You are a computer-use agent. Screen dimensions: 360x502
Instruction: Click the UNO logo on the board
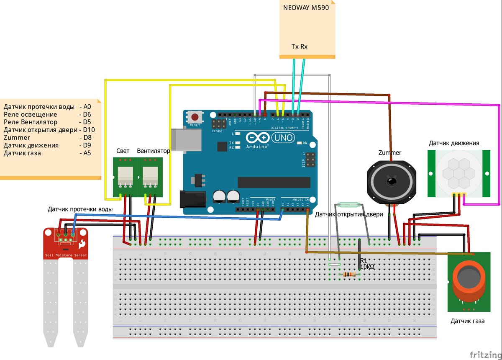tap(283, 137)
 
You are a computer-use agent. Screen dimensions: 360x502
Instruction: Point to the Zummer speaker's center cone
tap(392, 181)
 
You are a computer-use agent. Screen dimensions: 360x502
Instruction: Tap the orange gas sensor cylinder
tap(469, 283)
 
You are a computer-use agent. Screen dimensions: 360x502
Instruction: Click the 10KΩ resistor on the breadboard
tap(349, 275)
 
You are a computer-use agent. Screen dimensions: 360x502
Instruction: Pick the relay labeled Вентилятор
tap(150, 177)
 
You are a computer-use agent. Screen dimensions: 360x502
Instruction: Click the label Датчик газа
tap(468, 321)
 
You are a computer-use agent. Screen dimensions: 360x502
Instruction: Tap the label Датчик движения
tap(454, 143)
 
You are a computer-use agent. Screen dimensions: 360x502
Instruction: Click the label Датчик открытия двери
tap(348, 214)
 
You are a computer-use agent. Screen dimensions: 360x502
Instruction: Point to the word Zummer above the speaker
tap(390, 153)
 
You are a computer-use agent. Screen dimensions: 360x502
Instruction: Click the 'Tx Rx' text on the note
tap(299, 46)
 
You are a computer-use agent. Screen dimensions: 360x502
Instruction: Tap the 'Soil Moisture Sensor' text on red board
tap(66, 255)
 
